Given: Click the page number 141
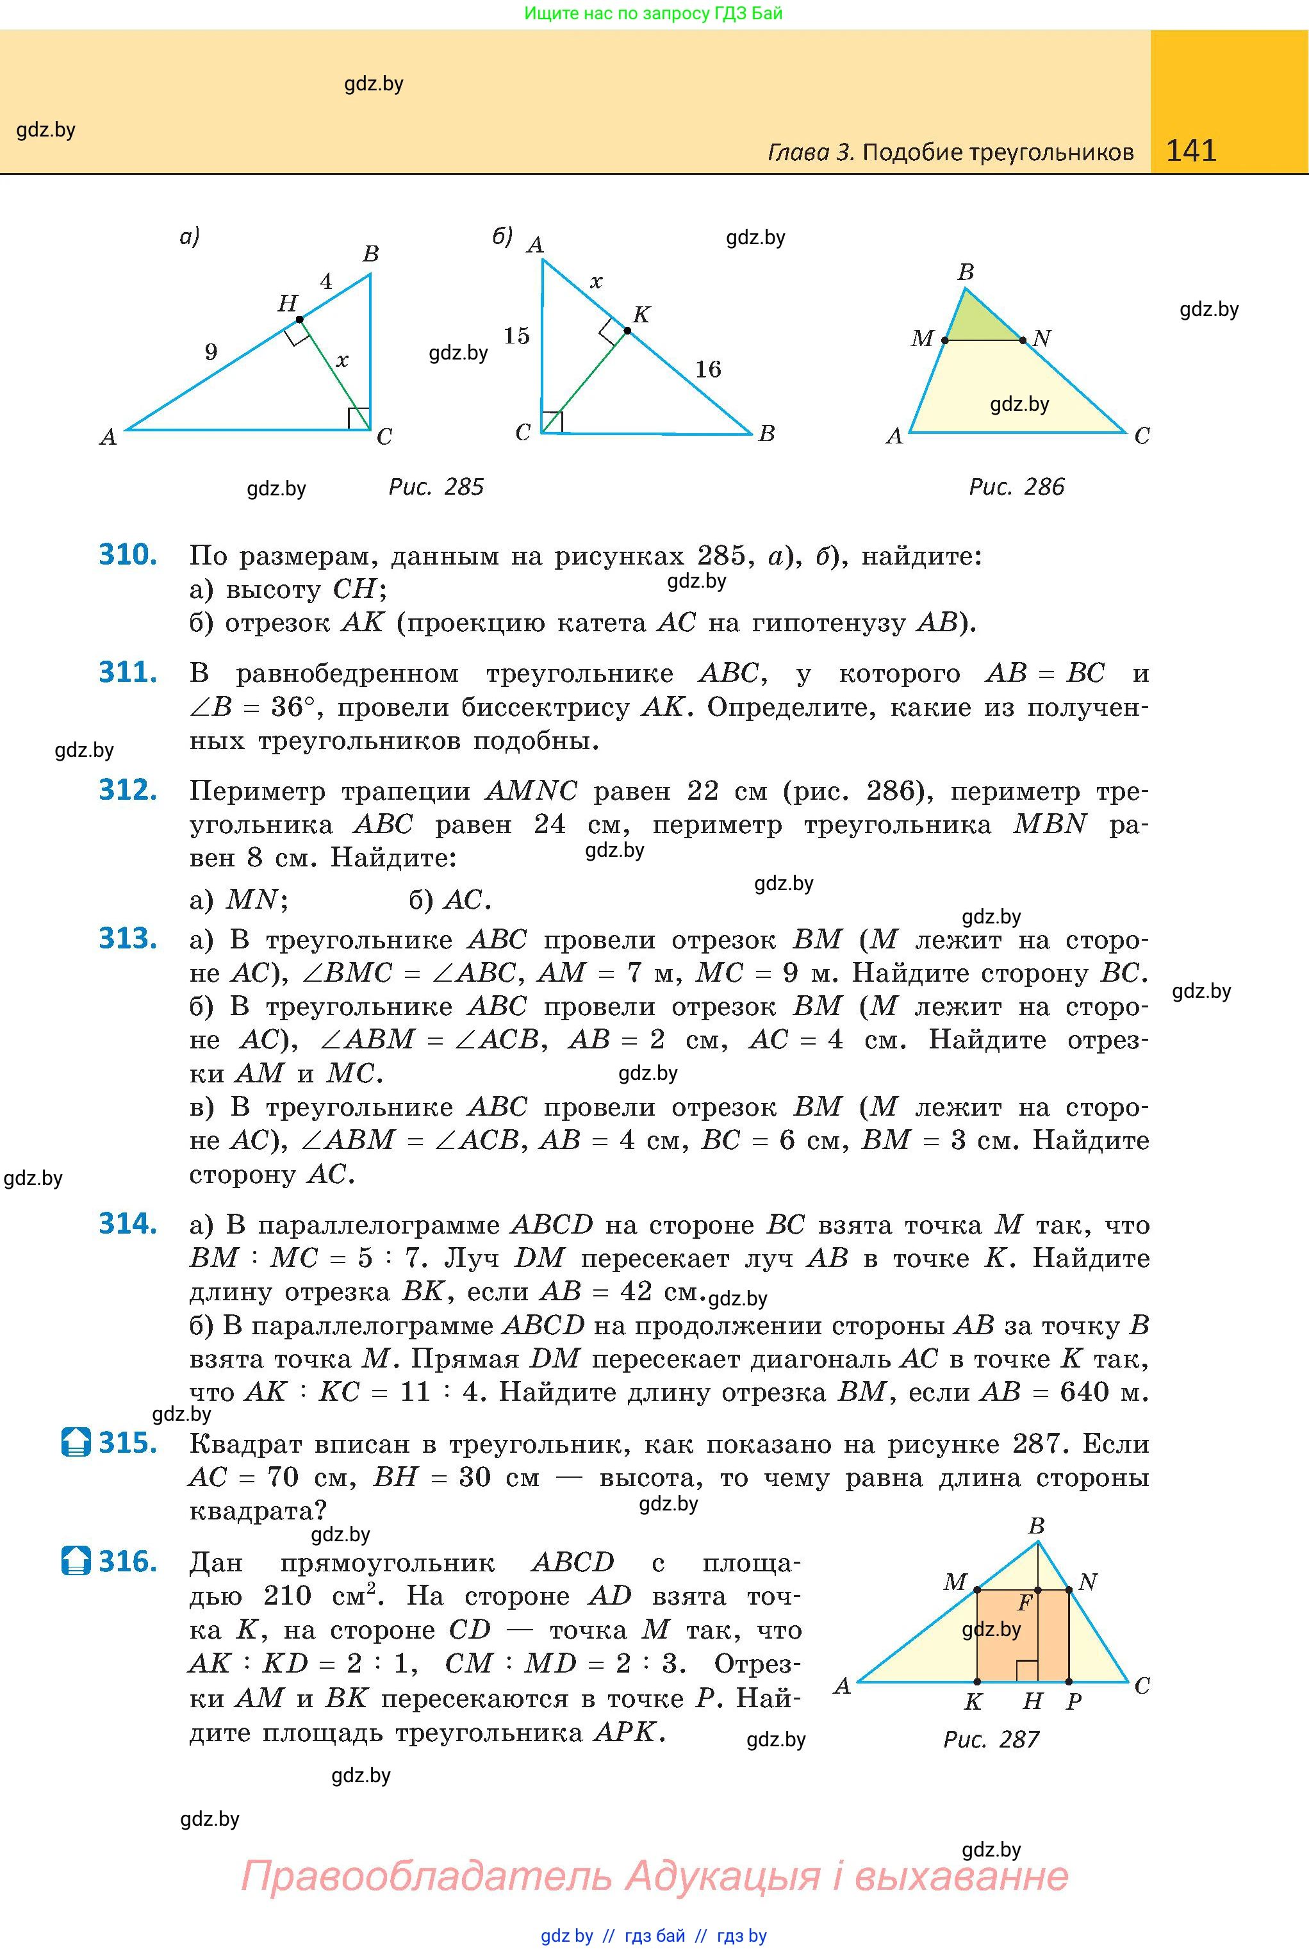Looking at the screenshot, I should click(1190, 151).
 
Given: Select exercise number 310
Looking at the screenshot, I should click(128, 554).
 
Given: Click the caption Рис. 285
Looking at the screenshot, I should click(436, 487).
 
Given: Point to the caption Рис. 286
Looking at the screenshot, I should click(1016, 487).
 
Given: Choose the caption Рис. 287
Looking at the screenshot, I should click(991, 1739).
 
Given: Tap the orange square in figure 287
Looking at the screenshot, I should click(1023, 1637).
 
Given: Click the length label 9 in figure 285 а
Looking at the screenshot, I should click(211, 351).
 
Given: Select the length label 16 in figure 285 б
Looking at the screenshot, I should click(708, 369).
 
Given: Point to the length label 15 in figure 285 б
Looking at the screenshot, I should click(517, 336).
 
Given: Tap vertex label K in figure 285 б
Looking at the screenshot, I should click(641, 315).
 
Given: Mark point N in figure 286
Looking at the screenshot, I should click(1023, 340).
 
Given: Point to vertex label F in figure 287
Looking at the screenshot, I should click(1025, 1603).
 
